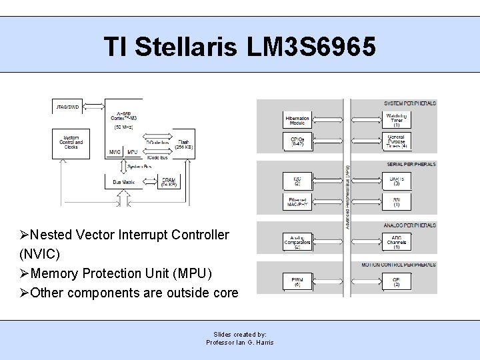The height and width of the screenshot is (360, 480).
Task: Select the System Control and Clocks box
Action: pyautogui.click(x=71, y=143)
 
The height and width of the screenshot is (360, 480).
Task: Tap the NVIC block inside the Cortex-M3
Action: pyautogui.click(x=115, y=152)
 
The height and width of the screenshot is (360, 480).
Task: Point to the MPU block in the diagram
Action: pyautogui.click(x=133, y=152)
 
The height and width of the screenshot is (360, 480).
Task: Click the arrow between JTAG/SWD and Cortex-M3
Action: pyautogui.click(x=97, y=107)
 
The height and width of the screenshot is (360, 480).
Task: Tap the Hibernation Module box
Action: pyautogui.click(x=297, y=120)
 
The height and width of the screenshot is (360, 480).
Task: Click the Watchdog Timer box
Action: pyautogui.click(x=396, y=119)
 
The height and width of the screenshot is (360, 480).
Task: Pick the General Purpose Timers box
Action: pyautogui.click(x=396, y=141)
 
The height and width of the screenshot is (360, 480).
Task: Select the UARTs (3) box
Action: pyautogui.click(x=396, y=180)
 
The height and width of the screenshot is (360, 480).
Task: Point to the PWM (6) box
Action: pyautogui.click(x=297, y=280)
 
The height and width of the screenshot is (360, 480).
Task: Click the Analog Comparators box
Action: pyautogui.click(x=297, y=241)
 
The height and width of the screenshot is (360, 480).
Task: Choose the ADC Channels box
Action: pyautogui.click(x=396, y=241)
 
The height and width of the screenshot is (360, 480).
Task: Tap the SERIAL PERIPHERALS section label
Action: pyautogui.click(x=411, y=164)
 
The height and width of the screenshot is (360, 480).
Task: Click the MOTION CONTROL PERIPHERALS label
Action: pyautogui.click(x=399, y=265)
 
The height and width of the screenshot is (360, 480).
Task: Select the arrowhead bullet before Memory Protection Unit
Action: pyautogui.click(x=25, y=273)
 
